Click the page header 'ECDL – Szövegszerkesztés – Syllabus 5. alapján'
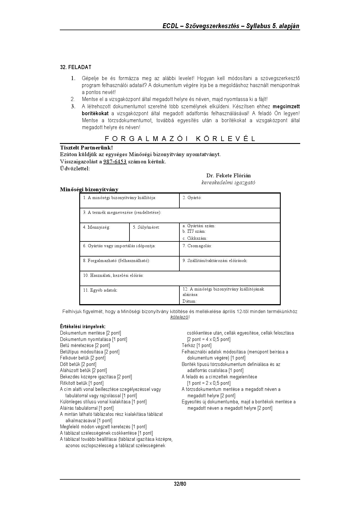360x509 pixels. coord(231,26)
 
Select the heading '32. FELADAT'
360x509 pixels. coord(75,67)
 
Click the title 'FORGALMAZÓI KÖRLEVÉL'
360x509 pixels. coord(180,138)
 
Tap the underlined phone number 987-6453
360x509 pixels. coord(115,162)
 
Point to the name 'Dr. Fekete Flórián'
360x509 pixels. coord(228,176)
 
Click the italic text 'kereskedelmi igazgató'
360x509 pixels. coord(228,183)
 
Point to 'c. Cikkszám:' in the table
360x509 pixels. coord(195,238)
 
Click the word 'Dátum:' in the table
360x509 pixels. coord(189,301)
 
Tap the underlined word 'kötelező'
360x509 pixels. coord(179,317)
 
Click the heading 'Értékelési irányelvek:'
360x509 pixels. coord(82,326)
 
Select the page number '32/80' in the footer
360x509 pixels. coord(180,484)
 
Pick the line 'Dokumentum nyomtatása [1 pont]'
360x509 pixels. coord(93,339)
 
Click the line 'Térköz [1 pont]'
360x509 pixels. coord(197,345)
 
